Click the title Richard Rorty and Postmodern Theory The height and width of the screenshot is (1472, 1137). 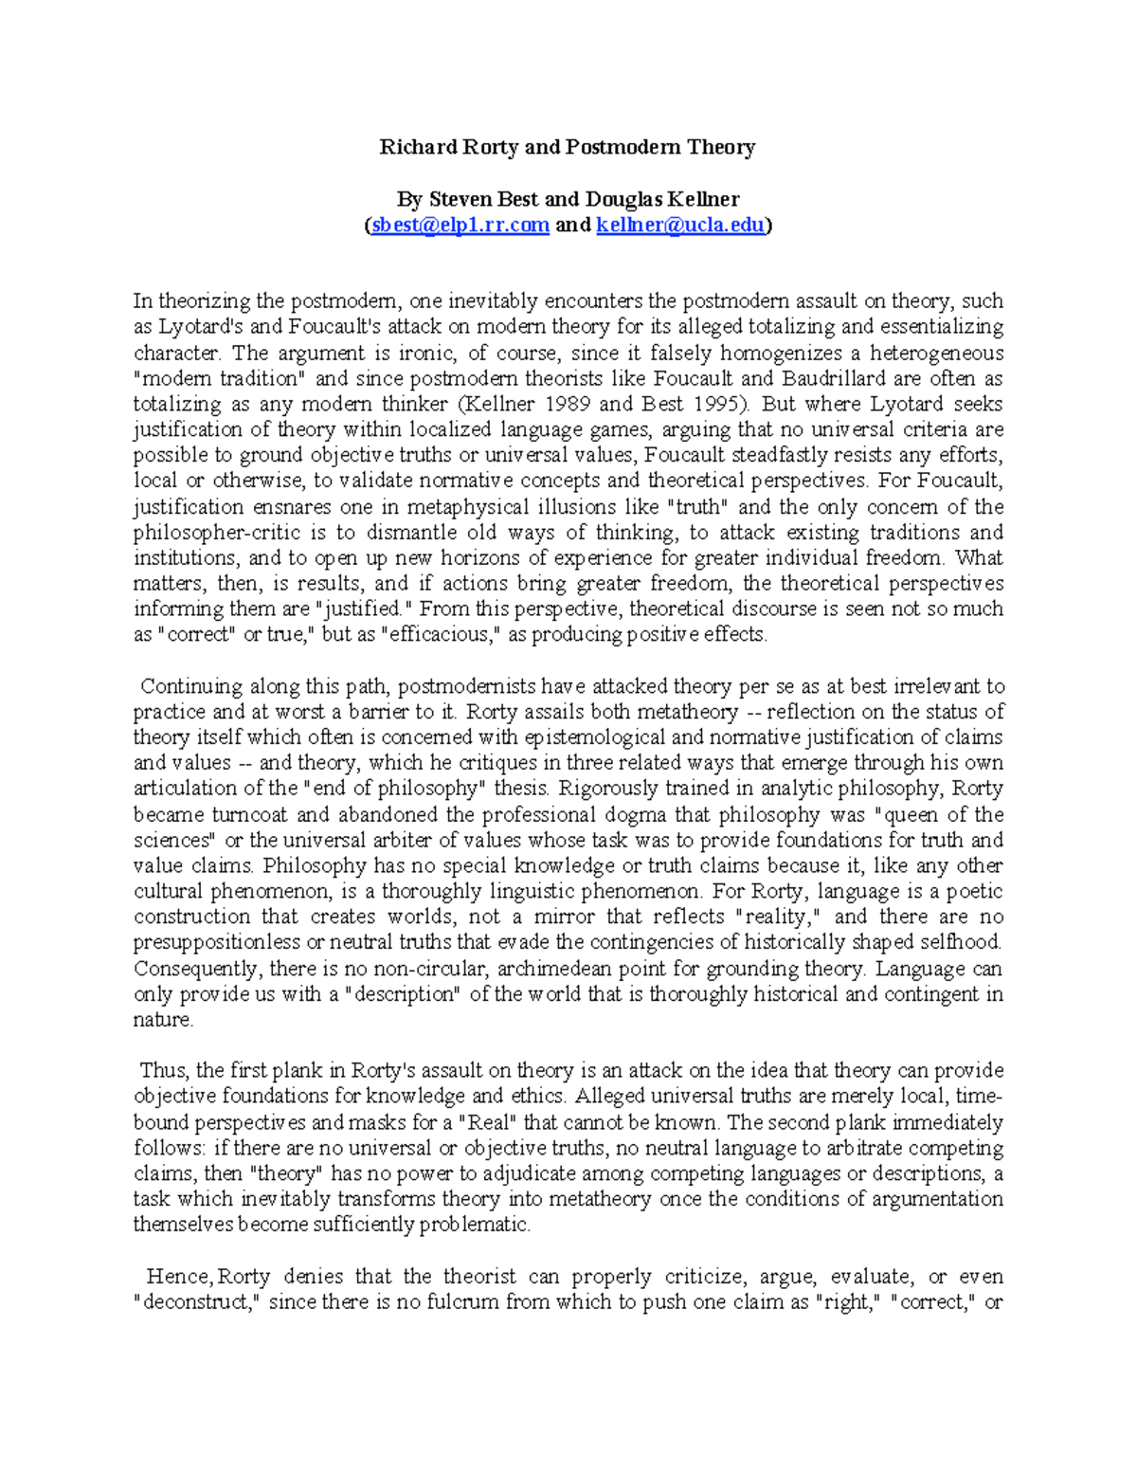point(567,147)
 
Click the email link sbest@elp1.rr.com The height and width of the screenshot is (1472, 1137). point(460,226)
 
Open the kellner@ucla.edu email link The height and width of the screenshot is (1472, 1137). point(680,226)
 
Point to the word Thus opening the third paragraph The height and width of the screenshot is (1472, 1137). point(163,1071)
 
